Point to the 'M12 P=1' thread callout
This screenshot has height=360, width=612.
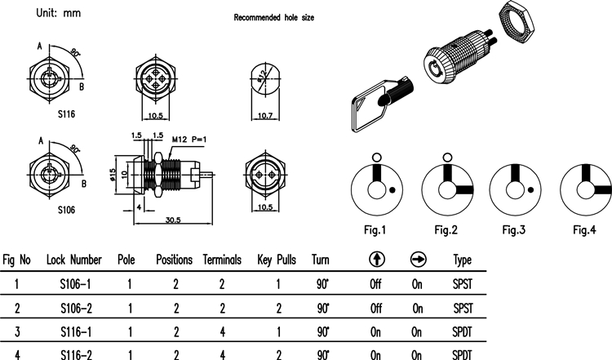click(x=189, y=140)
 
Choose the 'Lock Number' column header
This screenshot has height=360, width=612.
click(x=74, y=260)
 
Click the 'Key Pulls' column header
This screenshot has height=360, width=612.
click(x=277, y=260)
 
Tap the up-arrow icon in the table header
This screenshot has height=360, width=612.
click(x=376, y=260)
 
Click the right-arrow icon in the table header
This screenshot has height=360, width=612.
click(x=417, y=260)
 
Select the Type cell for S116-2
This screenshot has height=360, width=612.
click(x=463, y=355)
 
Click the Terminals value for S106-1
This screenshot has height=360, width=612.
click(x=222, y=284)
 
